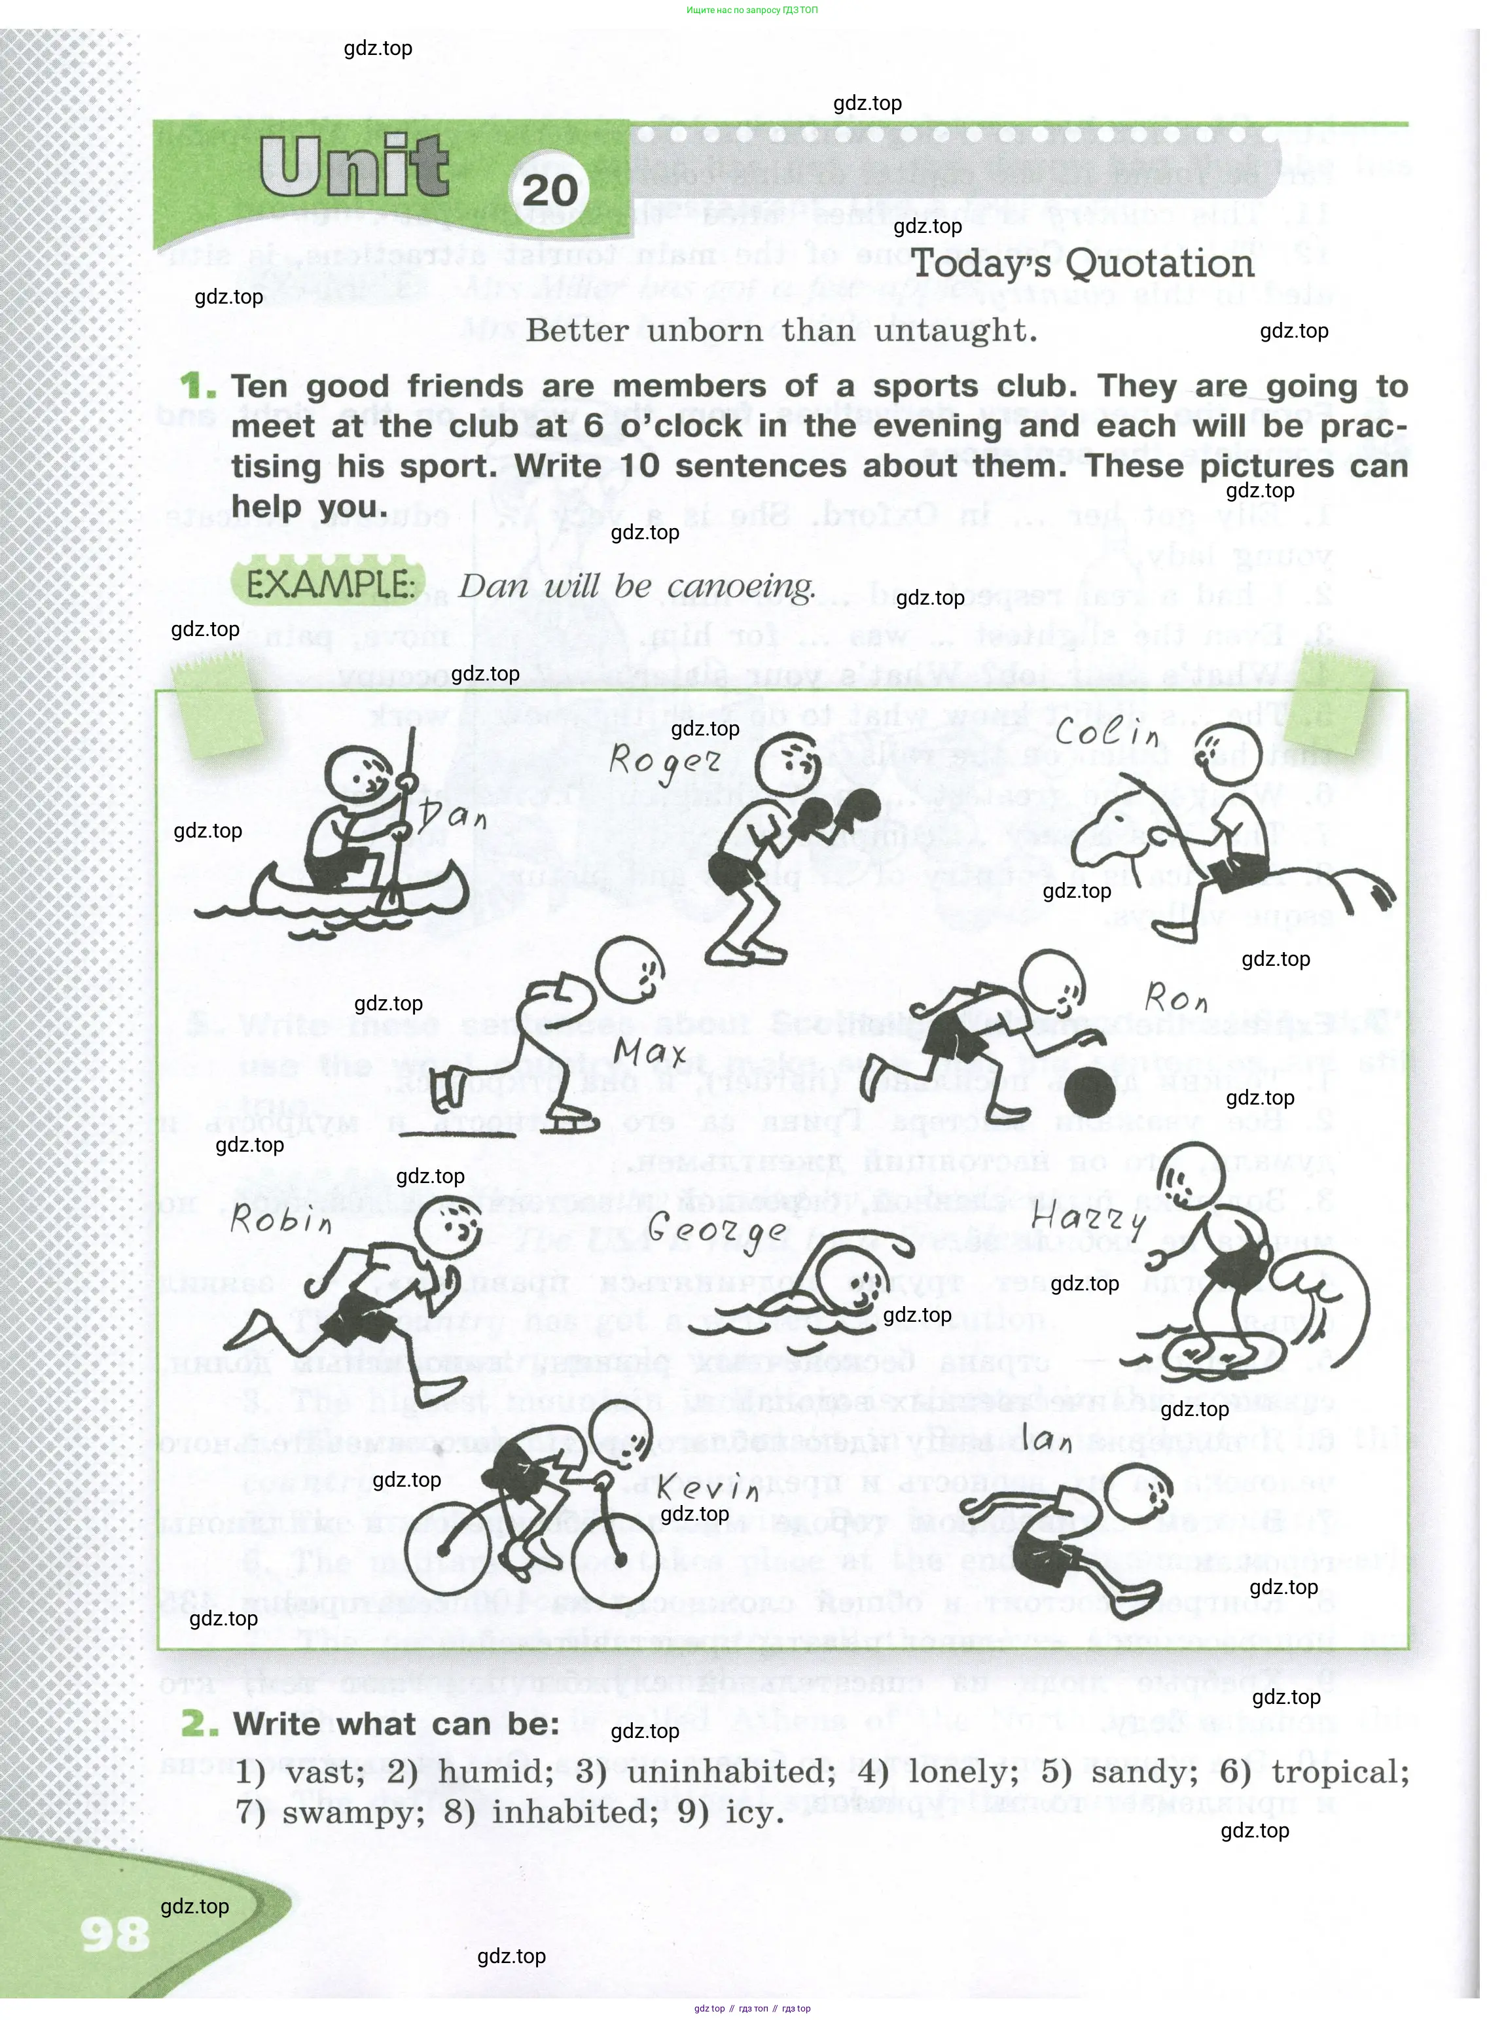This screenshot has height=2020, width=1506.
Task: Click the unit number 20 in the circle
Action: click(550, 190)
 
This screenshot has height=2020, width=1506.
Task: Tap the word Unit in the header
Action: click(353, 166)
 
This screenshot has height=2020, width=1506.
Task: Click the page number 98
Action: click(115, 1934)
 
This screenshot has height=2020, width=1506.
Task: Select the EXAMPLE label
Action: click(330, 584)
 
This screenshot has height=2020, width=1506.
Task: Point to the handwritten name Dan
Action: click(453, 811)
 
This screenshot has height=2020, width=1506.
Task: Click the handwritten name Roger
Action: click(664, 762)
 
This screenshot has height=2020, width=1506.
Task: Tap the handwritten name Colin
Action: click(1107, 732)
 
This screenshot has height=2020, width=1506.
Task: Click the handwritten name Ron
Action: click(1176, 998)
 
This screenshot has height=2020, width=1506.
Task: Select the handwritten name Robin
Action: click(281, 1219)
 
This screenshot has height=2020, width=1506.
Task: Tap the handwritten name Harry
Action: click(1088, 1217)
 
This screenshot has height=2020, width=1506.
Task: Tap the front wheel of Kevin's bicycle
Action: click(620, 1561)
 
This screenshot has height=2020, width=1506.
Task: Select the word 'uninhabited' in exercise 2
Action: click(731, 1771)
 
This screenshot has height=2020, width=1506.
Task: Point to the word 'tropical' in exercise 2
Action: click(1340, 1771)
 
